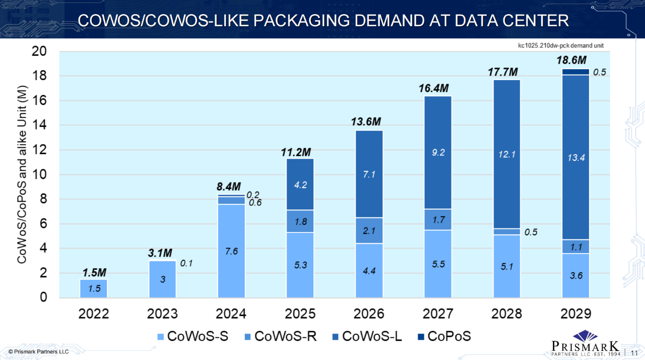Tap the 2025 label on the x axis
pos(300,314)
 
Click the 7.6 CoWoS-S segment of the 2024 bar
pos(231,251)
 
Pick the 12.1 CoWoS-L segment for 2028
pos(506,154)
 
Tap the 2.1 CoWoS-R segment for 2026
pos(369,231)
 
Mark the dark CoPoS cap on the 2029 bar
pos(575,72)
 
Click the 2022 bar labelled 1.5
pos(94,288)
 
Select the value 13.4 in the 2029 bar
pos(575,157)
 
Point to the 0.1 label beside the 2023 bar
pos(186,263)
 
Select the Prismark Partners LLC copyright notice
pos(38,351)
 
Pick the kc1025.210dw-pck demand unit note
pos(561,45)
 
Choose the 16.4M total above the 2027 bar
pos(433,88)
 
